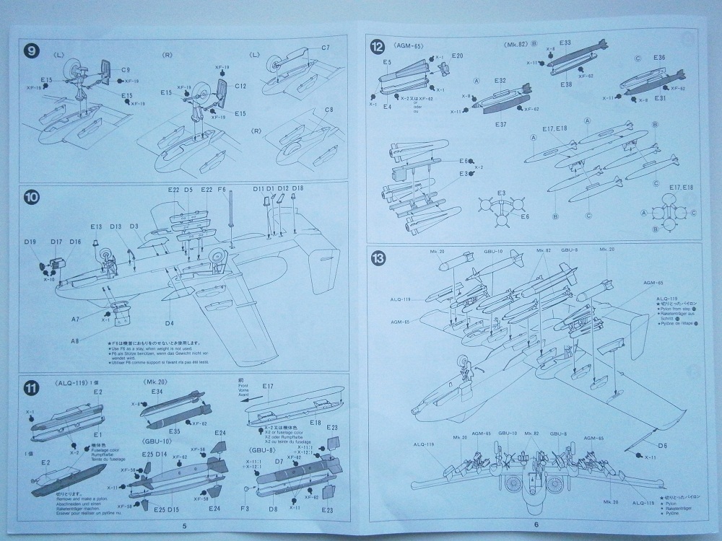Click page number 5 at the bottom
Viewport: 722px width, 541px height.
coord(185,525)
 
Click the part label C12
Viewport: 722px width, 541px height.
coord(240,85)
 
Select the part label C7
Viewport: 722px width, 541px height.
coord(326,48)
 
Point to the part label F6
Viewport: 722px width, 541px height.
coord(222,189)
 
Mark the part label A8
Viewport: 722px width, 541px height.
coord(74,340)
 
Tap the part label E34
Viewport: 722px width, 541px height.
coord(157,392)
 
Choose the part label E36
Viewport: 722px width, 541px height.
coord(658,57)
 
